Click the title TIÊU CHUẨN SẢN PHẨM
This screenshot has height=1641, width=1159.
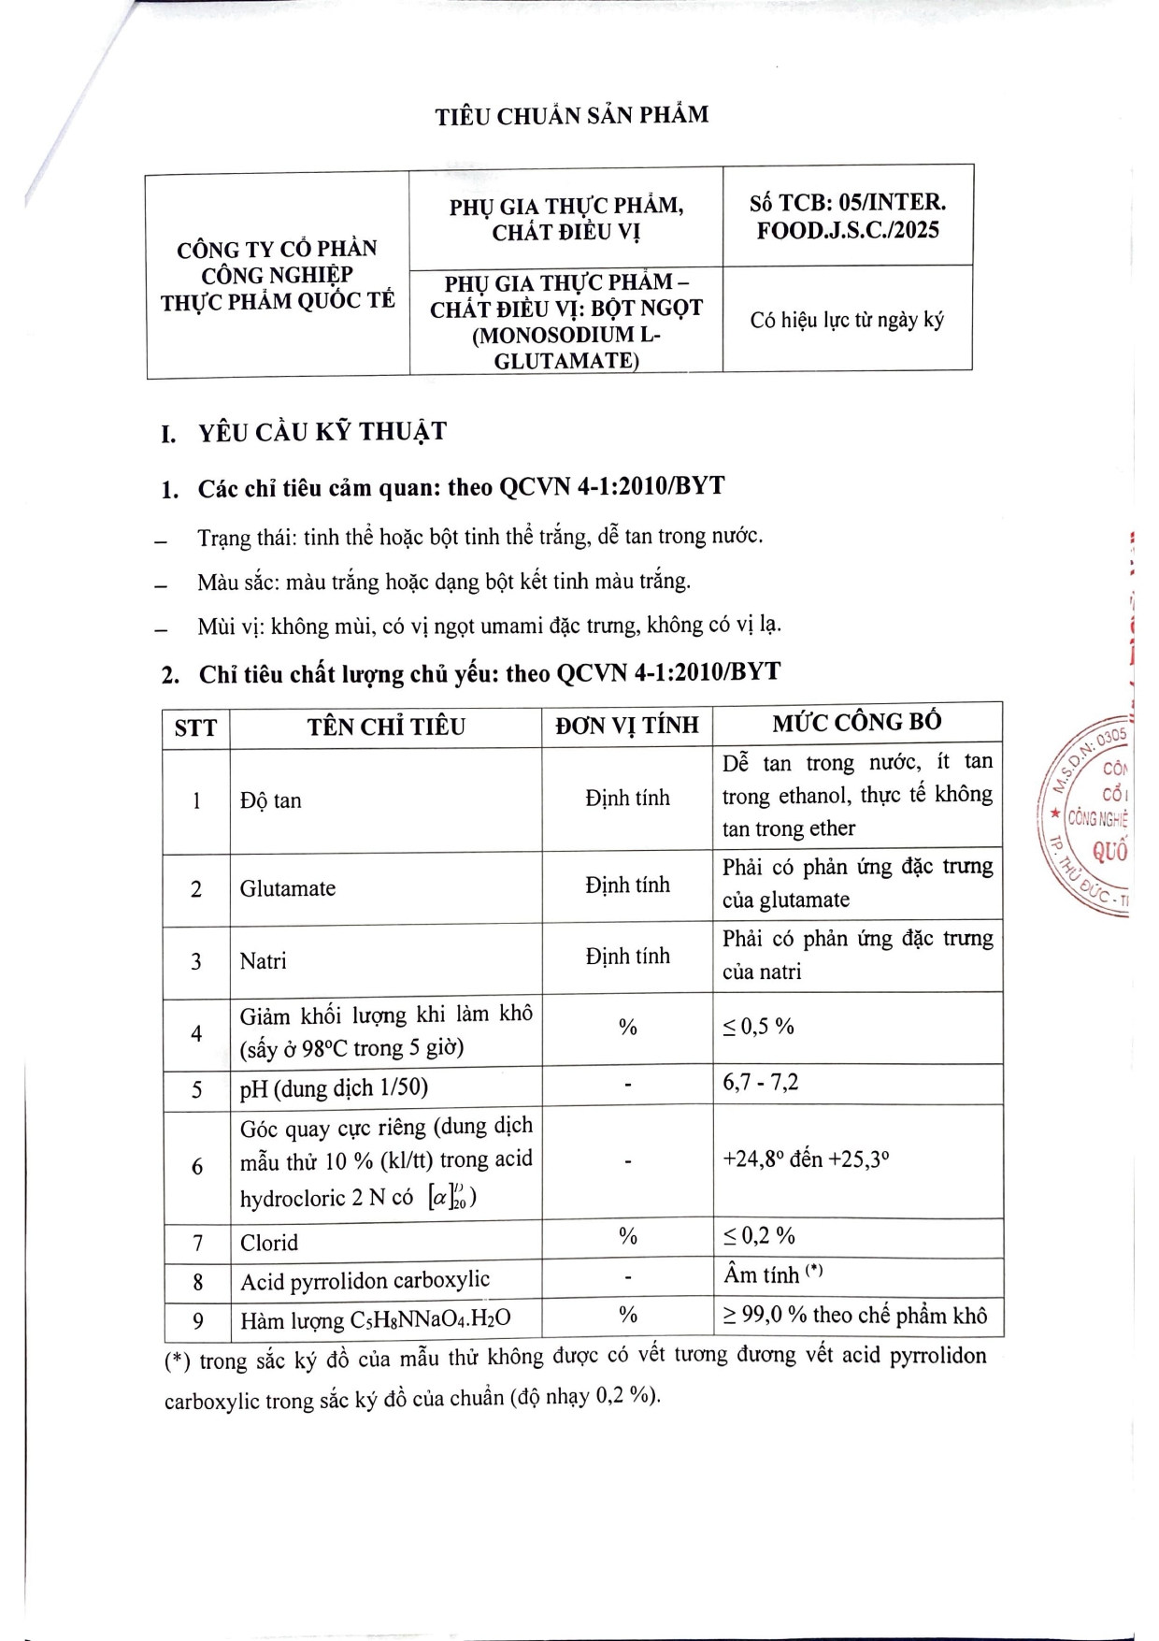[x=571, y=116]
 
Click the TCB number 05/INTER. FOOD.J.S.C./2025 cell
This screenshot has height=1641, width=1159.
[x=847, y=216]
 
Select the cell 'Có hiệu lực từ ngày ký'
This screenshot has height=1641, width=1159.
[x=847, y=320]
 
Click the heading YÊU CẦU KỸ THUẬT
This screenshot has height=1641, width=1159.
[x=322, y=432]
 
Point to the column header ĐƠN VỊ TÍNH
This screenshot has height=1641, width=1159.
[x=626, y=726]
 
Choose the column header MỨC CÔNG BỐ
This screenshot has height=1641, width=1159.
[x=856, y=723]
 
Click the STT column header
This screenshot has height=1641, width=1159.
[x=195, y=727]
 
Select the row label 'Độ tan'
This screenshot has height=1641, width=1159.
[x=270, y=800]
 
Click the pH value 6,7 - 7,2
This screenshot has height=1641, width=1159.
[x=760, y=1083]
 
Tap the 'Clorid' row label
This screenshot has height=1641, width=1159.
[x=269, y=1243]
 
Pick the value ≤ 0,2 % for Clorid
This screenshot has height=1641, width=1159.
[x=758, y=1236]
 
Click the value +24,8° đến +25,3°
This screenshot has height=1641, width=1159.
[x=805, y=1159]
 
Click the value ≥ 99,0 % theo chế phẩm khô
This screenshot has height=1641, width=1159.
[x=854, y=1316]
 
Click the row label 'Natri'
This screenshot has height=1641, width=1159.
[x=263, y=961]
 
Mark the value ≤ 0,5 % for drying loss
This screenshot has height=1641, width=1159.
[x=757, y=1027]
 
